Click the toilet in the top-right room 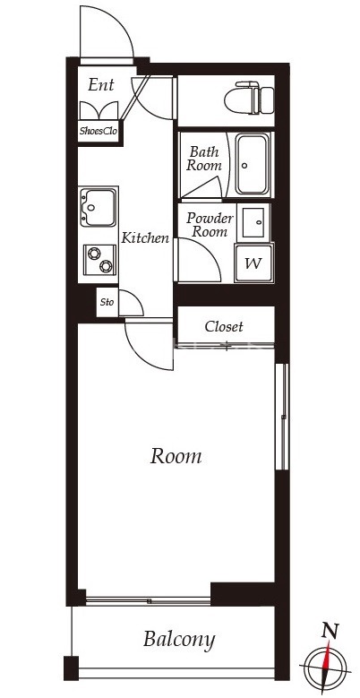pyautogui.click(x=249, y=98)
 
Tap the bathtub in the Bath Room pyautogui.click(x=252, y=164)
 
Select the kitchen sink pyautogui.click(x=99, y=207)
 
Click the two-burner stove pyautogui.click(x=100, y=260)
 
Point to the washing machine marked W pyautogui.click(x=253, y=263)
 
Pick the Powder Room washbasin pyautogui.click(x=253, y=222)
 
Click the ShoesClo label pyautogui.click(x=99, y=132)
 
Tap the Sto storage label pyautogui.click(x=107, y=302)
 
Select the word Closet pyautogui.click(x=224, y=327)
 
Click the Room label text pyautogui.click(x=176, y=456)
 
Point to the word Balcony pyautogui.click(x=179, y=640)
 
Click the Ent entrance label pyautogui.click(x=101, y=84)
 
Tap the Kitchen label pyautogui.click(x=145, y=237)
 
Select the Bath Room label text pyautogui.click(x=204, y=159)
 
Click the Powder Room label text pyautogui.click(x=210, y=225)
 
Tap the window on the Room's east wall pyautogui.click(x=282, y=417)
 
